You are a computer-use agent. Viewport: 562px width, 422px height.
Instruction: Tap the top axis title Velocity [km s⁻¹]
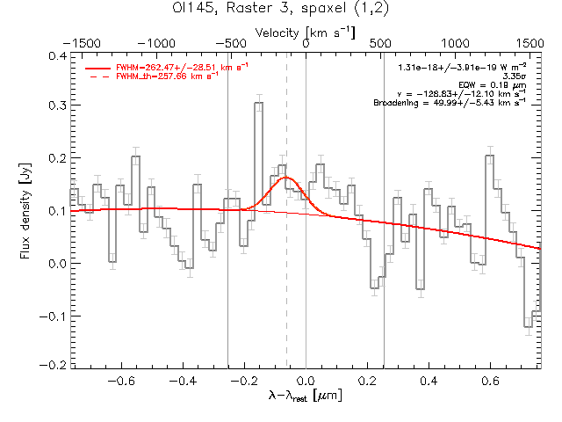306,33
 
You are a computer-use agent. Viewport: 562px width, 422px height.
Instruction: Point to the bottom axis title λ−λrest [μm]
306,397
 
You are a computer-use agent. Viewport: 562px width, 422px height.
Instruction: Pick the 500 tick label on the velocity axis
454,42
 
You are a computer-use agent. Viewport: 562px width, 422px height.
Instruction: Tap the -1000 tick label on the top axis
155,42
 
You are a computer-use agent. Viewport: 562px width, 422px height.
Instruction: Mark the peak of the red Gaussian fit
286,178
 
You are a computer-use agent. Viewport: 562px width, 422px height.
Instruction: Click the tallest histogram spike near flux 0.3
259,104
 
